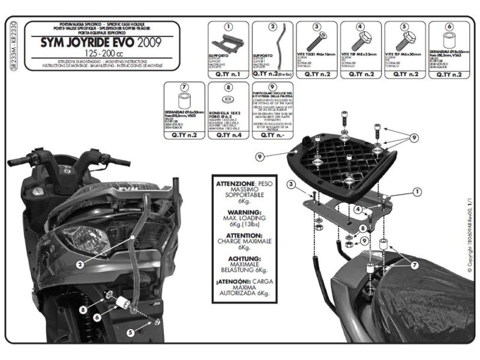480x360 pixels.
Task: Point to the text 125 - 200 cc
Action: point(114,54)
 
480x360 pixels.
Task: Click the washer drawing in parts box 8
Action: point(228,101)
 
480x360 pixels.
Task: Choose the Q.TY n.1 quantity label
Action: point(228,74)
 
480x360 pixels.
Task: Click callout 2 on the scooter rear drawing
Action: point(80,263)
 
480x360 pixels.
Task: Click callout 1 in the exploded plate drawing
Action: point(416,192)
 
